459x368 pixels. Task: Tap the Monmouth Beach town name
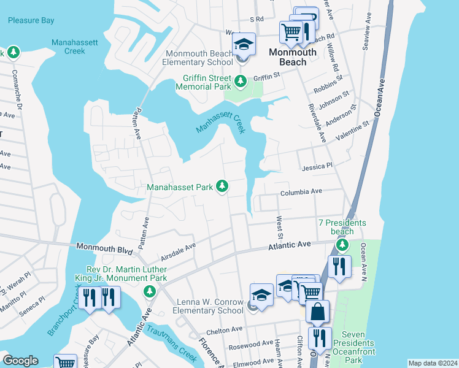pos(293,57)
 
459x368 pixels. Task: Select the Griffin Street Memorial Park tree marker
pos(241,80)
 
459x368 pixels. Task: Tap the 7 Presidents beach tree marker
pos(342,246)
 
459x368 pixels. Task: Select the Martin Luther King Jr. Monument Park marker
pos(148,290)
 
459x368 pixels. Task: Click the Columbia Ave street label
pos(301,192)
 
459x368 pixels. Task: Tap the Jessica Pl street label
pos(317,166)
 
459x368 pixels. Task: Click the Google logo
pos(20,361)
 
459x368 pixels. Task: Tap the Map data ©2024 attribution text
pos(432,363)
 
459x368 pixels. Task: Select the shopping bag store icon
pos(318,312)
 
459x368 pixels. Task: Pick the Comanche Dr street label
pos(18,86)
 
